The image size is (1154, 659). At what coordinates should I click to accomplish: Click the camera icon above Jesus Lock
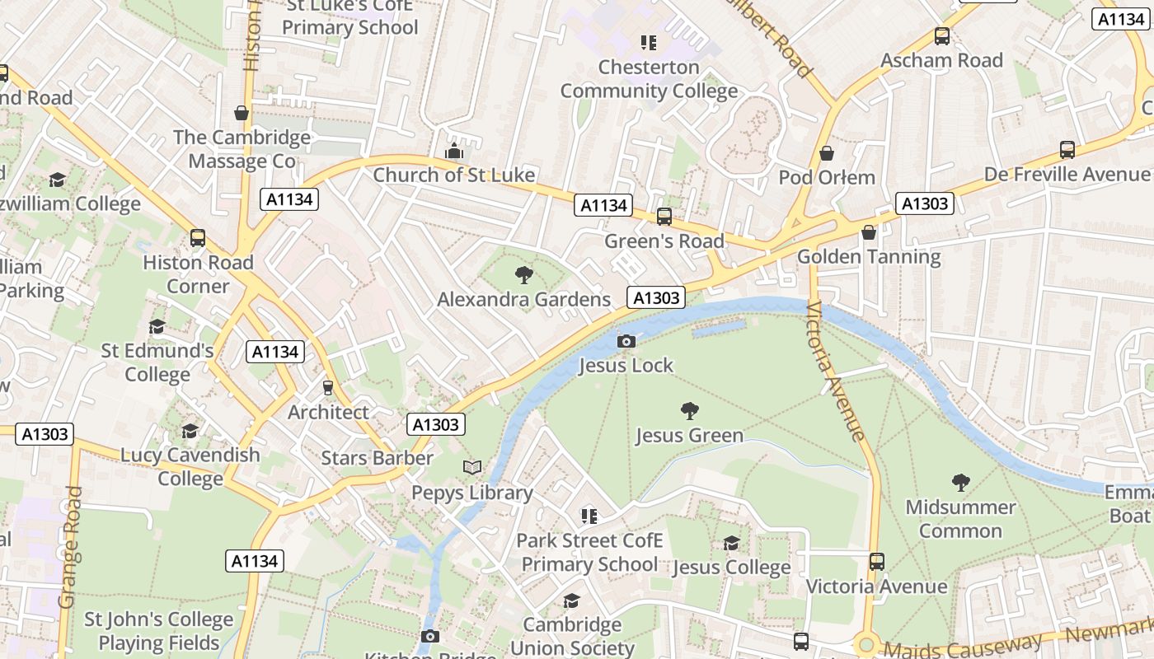tap(626, 341)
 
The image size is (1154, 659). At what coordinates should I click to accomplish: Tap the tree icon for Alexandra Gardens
tap(523, 275)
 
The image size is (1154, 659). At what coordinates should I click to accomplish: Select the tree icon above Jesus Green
tap(689, 410)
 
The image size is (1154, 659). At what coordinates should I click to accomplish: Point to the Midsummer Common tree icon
tap(960, 483)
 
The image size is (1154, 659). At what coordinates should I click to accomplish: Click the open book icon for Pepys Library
tap(472, 468)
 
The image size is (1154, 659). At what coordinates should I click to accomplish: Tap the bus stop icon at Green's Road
tap(664, 217)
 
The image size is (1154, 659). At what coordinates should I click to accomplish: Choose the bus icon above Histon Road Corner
tap(198, 238)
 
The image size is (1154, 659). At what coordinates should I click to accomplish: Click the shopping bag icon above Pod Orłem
tap(827, 154)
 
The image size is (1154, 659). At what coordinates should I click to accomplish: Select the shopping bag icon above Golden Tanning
tap(868, 233)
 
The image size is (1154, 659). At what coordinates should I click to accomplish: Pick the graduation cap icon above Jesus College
tap(731, 543)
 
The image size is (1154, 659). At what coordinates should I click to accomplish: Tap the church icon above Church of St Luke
tap(453, 151)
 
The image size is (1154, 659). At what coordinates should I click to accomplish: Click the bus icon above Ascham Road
tap(941, 36)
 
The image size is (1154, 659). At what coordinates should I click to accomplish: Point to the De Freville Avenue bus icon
tap(1067, 150)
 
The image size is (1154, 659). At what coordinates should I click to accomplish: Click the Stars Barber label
tap(377, 458)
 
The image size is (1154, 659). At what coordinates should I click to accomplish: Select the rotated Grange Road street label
tap(71, 548)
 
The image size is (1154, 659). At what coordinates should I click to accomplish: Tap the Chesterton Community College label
tap(649, 79)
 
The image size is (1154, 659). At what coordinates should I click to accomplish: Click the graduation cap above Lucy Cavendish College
tap(190, 431)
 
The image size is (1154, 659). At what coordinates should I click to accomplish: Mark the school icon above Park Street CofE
tap(589, 516)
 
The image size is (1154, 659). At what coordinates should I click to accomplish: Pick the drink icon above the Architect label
tap(328, 388)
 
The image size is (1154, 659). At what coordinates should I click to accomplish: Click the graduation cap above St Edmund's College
tap(157, 327)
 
